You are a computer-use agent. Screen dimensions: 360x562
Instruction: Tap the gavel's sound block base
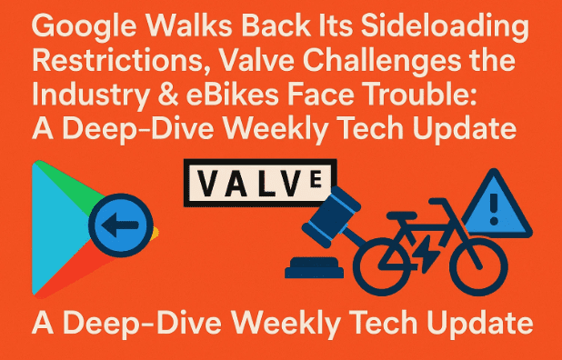tap(317, 268)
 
